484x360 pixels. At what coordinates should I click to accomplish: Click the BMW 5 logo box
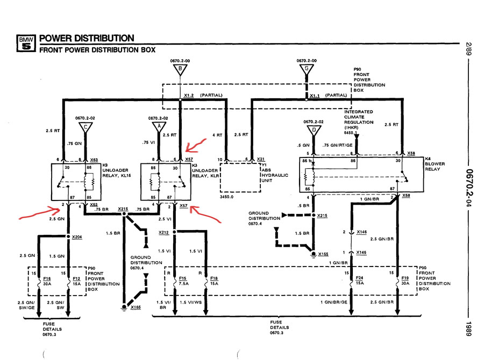coord(26,43)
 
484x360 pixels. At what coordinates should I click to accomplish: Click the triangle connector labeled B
coord(180,70)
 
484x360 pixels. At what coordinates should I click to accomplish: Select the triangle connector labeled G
coord(307,69)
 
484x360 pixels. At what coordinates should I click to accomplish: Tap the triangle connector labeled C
coord(86,127)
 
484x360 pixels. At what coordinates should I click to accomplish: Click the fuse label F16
coord(47,278)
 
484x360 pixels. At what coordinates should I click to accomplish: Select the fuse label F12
coord(76,278)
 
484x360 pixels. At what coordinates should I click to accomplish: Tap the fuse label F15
coord(183,278)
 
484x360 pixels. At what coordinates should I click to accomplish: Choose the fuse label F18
coord(214,278)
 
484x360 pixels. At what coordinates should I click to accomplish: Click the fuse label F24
coord(360,278)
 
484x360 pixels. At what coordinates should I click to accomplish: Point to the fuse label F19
coord(405,278)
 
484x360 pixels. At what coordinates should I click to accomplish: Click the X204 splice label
coord(77,237)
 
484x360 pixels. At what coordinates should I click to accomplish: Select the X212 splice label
coord(164,232)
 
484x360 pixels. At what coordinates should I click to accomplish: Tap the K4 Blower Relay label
coord(435,164)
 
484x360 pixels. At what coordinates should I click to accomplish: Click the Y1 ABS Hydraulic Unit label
coord(275,173)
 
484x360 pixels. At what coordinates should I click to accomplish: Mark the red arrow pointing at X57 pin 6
coord(195,146)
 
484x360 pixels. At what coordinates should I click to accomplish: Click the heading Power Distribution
coord(87,38)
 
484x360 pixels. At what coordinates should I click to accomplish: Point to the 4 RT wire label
coord(217,135)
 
